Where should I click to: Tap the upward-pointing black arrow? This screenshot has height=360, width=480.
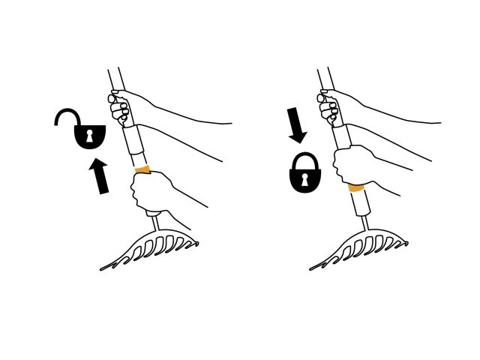[100, 176]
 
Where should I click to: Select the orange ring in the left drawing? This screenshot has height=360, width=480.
[142, 170]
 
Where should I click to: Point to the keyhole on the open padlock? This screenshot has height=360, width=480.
[89, 136]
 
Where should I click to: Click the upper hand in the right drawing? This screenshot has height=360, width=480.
[330, 109]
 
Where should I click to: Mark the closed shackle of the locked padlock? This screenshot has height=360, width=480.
[304, 159]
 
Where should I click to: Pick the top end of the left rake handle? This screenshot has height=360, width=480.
[113, 73]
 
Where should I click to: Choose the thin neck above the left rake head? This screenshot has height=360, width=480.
[154, 223]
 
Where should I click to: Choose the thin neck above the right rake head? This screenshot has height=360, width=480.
[364, 223]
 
